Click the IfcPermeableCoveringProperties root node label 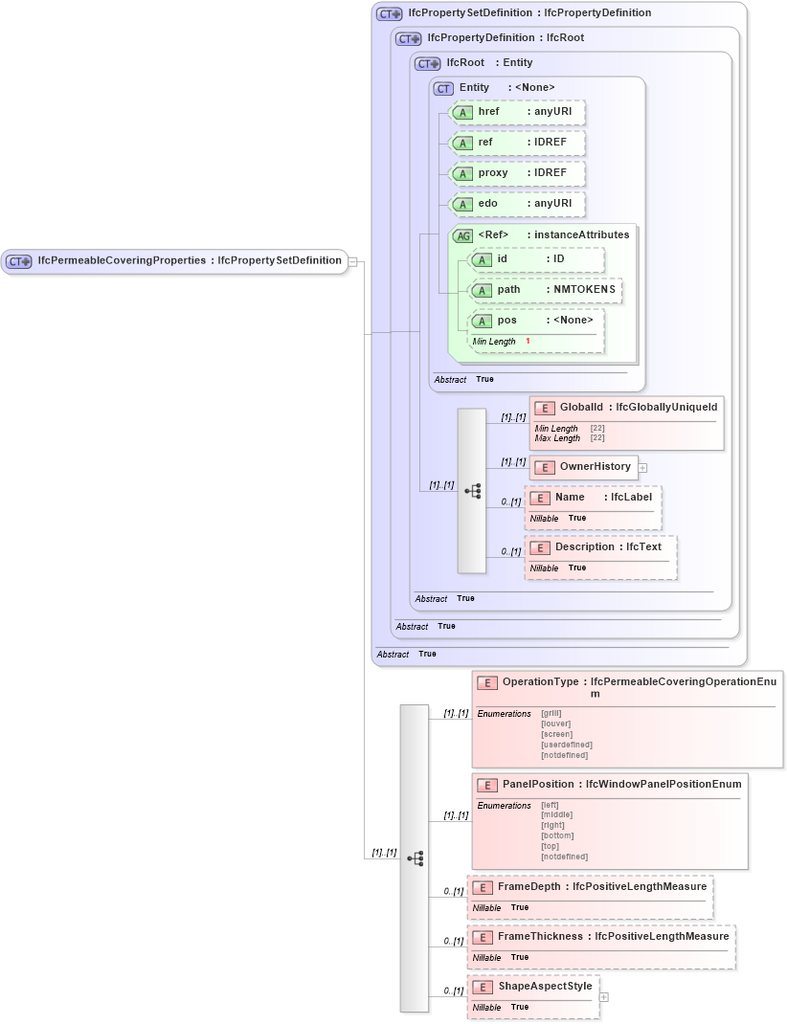[x=122, y=260]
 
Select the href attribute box [x=517, y=112]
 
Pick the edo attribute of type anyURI [x=517, y=204]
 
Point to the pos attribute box [x=536, y=321]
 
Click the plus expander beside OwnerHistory [x=643, y=467]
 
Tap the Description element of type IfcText [x=585, y=547]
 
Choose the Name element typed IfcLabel [x=570, y=498]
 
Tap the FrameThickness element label [x=541, y=937]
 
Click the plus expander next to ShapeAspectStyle [x=604, y=996]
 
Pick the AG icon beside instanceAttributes [x=462, y=234]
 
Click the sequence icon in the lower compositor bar [x=415, y=858]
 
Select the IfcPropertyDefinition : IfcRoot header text [x=506, y=38]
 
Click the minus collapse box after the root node [x=353, y=260]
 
